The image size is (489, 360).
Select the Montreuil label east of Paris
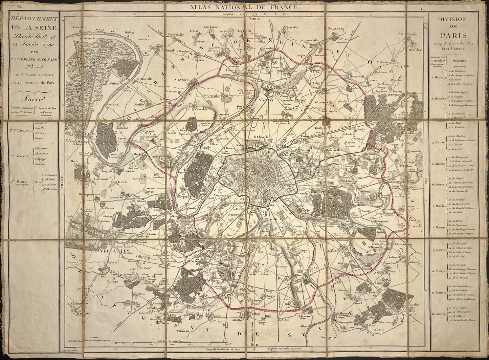333,163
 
